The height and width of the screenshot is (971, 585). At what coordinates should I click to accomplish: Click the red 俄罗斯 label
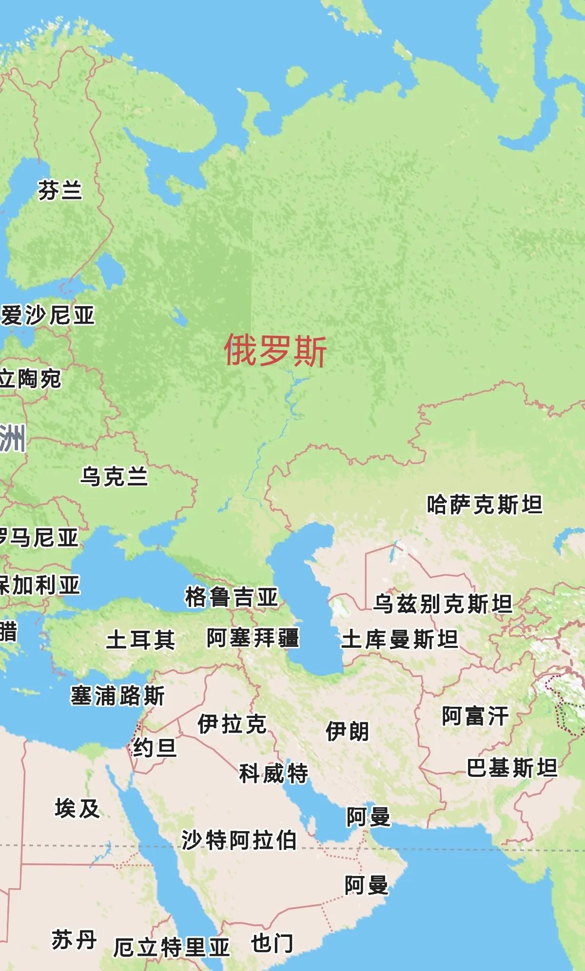[275, 350]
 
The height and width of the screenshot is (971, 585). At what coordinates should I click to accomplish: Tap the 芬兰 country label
[60, 190]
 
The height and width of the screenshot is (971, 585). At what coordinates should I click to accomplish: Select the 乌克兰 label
[114, 476]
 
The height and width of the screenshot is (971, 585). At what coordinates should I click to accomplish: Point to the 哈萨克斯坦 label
[484, 505]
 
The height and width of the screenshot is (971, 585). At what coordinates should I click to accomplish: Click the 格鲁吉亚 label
[231, 597]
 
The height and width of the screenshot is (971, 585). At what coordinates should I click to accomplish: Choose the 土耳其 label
[140, 640]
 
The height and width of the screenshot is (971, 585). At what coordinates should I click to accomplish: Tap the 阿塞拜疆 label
[253, 638]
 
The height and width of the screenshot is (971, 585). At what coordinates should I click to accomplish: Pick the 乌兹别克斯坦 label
[443, 603]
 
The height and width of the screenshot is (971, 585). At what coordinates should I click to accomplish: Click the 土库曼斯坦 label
[400, 639]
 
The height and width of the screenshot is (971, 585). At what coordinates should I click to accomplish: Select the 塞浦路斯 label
[117, 696]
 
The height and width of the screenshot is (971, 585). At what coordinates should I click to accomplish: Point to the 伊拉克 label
[232, 724]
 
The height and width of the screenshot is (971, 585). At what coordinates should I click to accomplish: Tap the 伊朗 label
[347, 731]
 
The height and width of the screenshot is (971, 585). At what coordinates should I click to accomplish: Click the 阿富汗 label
[475, 716]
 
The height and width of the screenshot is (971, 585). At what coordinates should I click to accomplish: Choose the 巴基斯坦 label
[512, 768]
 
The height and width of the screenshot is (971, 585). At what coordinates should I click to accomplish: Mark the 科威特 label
[273, 773]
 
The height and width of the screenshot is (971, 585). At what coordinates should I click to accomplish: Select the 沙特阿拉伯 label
[239, 840]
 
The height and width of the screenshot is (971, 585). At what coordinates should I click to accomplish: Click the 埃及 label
[77, 809]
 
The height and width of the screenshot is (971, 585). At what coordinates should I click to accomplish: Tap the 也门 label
[272, 943]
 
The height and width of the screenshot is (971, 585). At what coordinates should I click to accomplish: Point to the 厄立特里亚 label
[171, 947]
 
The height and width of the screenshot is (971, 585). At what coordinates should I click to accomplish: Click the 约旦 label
[155, 747]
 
